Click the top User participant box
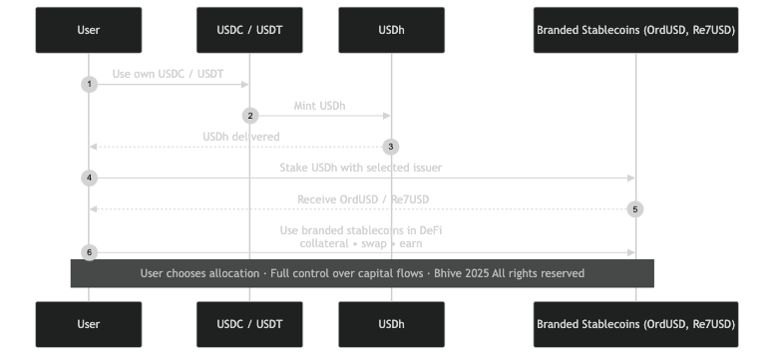click(89, 30)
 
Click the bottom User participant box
click(89, 324)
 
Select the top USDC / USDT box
click(249, 30)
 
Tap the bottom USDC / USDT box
click(249, 324)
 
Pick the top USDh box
click(391, 30)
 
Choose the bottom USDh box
click(391, 324)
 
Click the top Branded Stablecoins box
click(635, 30)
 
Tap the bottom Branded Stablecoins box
click(635, 324)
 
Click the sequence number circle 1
click(89, 85)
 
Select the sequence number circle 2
click(249, 116)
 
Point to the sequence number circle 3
click(391, 147)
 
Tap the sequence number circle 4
click(89, 178)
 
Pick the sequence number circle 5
click(635, 209)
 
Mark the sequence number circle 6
click(89, 252)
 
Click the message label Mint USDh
click(320, 105)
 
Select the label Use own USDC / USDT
click(169, 74)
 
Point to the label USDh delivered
click(240, 137)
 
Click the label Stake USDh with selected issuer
click(361, 168)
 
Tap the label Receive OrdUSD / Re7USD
click(362, 199)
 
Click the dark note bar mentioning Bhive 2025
click(362, 273)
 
